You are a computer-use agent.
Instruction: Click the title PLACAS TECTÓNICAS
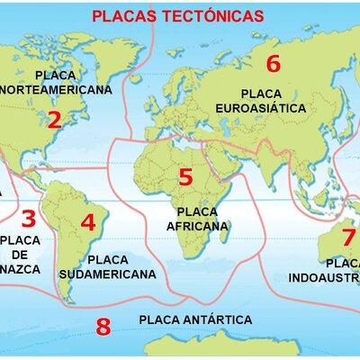(x=178, y=16)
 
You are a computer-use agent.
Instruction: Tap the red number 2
(x=54, y=120)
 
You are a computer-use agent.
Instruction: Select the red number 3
(x=28, y=219)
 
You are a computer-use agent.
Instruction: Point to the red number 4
(x=87, y=222)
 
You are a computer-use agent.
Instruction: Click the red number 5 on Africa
(x=185, y=177)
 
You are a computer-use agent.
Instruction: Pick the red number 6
(x=274, y=64)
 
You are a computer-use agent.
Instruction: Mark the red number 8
(x=103, y=327)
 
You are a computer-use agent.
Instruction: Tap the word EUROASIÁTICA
(x=261, y=108)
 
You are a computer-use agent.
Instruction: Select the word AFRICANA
(x=198, y=227)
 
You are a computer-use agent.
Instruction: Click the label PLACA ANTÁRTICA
(x=195, y=319)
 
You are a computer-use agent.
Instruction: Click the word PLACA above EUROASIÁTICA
(x=261, y=93)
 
